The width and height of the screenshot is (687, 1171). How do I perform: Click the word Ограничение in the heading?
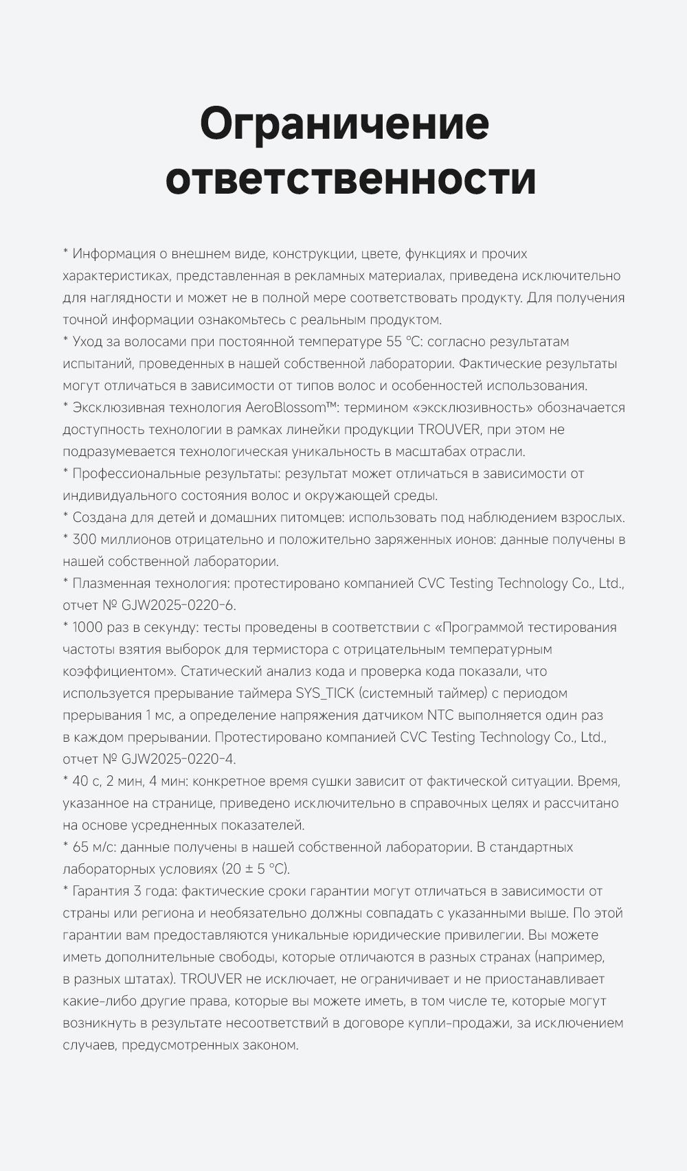(x=344, y=124)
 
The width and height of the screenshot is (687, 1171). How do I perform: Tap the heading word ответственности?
(x=350, y=179)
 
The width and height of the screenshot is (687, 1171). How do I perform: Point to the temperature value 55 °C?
(x=404, y=341)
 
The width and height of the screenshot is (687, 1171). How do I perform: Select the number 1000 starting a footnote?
(x=87, y=627)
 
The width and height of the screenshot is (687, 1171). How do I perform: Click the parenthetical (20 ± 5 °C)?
(x=256, y=869)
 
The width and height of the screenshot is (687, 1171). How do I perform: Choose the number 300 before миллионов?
(x=85, y=539)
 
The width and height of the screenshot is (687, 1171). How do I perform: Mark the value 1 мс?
(x=159, y=715)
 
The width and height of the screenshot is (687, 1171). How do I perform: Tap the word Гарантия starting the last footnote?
(x=101, y=891)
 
